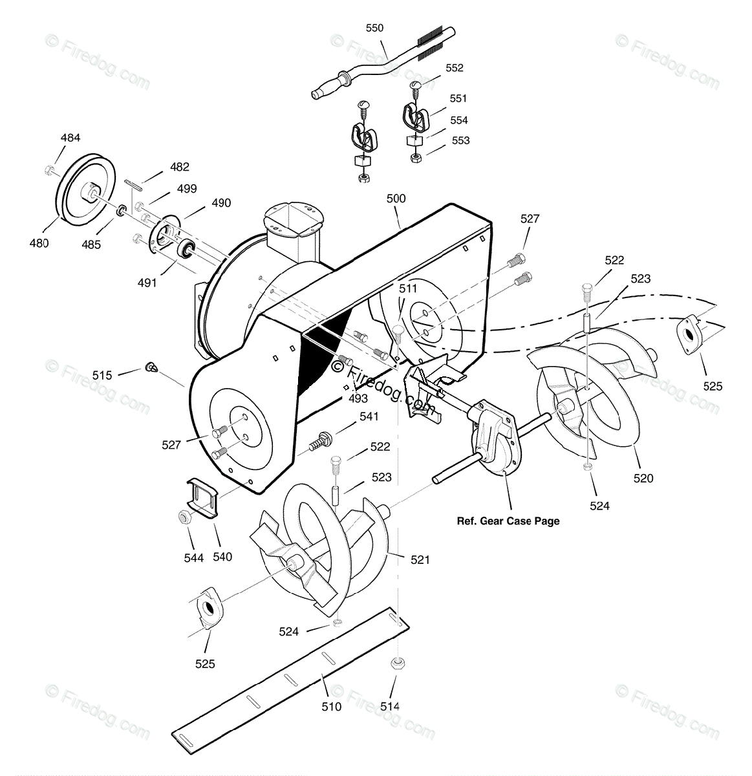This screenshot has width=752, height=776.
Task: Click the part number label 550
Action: click(374, 28)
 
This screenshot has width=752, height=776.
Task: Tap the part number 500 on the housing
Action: click(396, 199)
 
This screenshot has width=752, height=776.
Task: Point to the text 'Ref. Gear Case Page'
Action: click(508, 521)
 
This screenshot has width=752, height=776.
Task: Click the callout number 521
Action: click(420, 560)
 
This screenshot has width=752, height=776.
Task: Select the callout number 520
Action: click(643, 479)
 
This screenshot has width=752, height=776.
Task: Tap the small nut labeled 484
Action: click(50, 170)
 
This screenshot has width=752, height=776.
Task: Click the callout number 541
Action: click(369, 416)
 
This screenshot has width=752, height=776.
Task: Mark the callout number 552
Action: click(454, 68)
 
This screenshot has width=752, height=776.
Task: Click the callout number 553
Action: click(460, 140)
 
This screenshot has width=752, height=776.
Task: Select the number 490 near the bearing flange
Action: click(220, 203)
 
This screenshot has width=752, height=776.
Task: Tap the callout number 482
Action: click(179, 167)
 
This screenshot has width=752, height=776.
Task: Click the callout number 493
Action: click(358, 398)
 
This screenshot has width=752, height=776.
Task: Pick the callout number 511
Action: click(408, 288)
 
